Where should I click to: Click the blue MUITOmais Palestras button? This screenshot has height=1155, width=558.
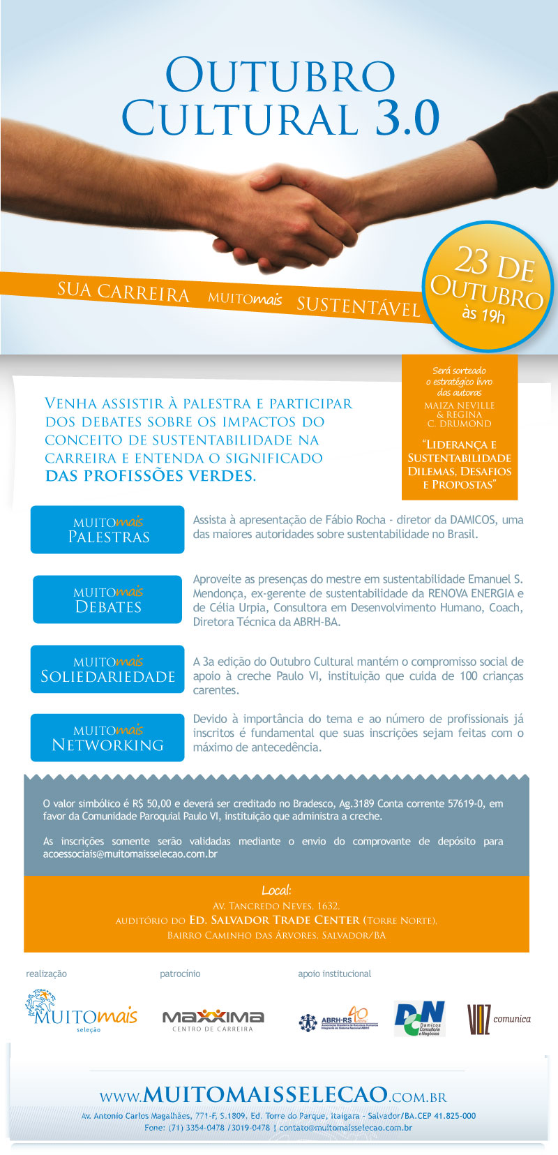107,530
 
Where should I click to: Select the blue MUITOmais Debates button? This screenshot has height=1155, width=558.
107,599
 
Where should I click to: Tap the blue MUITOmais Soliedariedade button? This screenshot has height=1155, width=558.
107,669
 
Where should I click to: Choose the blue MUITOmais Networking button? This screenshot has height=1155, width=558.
107,738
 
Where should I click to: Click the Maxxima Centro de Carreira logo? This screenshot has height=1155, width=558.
213,1020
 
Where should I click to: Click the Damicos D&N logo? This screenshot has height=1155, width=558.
419,1019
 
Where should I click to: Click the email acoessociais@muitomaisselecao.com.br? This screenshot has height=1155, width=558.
130,854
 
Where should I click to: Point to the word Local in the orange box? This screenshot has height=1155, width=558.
276,890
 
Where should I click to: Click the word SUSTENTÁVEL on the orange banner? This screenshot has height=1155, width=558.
359,306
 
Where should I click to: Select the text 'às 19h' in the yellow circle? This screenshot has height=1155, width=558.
483,315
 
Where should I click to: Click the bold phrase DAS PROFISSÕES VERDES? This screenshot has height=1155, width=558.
150,476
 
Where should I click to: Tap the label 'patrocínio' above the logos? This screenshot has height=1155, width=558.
180,974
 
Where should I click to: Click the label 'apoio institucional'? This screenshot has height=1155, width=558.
334,974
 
